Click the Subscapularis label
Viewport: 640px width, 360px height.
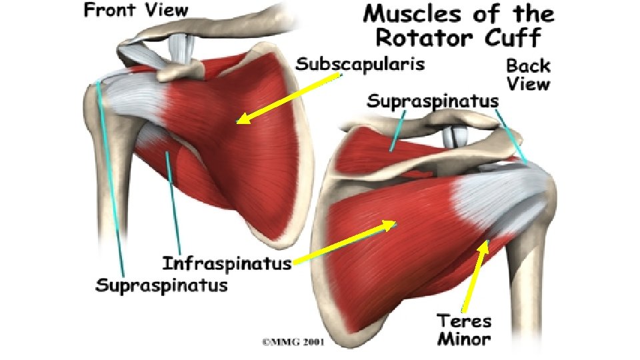(x=360, y=65)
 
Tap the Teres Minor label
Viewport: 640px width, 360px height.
(x=465, y=330)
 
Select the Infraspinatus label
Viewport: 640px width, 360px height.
(x=227, y=263)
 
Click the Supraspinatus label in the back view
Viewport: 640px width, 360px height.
(x=433, y=102)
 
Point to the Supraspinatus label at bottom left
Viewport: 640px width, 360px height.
(x=161, y=285)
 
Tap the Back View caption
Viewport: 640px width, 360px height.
(x=528, y=74)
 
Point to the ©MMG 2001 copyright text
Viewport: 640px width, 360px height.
(x=293, y=343)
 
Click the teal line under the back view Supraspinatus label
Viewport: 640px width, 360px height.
(x=397, y=131)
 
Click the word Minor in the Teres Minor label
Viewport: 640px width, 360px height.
(x=465, y=339)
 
